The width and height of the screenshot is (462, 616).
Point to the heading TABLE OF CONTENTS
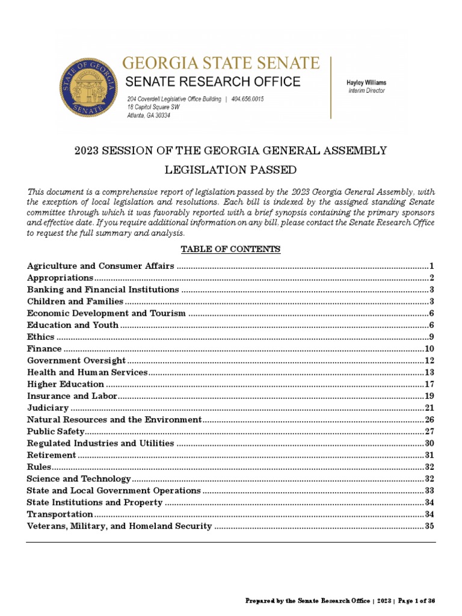231,249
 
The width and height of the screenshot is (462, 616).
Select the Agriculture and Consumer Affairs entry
100,265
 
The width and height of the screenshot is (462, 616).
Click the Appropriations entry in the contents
60,277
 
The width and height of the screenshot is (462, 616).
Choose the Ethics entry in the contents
41,337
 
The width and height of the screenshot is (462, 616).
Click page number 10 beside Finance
429,349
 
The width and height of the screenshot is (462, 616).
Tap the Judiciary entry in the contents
48,408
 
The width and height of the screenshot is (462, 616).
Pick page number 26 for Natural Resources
429,419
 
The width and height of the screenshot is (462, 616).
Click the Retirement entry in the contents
52,455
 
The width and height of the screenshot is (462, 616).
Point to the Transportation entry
60,514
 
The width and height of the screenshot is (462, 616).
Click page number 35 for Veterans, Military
429,526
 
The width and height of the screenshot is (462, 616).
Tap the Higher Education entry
66,384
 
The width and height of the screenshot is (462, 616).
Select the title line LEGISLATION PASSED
231,170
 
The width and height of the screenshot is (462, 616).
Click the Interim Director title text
366,91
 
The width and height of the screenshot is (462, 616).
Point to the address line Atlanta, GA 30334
148,115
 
